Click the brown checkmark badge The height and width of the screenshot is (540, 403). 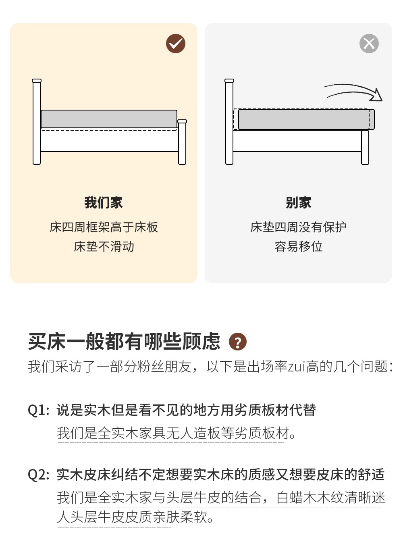(175, 44)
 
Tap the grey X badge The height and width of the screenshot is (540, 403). (369, 44)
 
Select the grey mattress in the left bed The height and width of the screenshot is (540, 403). (109, 119)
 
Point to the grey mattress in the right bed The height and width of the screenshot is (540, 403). (306, 119)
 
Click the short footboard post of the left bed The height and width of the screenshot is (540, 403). (182, 142)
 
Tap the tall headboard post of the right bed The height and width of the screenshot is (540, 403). (229, 122)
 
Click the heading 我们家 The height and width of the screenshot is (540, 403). (104, 203)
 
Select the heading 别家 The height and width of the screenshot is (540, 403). (298, 203)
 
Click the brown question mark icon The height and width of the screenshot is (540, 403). (238, 342)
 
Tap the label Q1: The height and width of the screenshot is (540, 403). (38, 410)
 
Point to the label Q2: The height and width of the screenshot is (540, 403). (38, 475)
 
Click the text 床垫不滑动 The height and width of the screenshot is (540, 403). (104, 246)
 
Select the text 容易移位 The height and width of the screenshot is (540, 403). (299, 246)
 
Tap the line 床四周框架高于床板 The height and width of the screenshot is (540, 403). (104, 227)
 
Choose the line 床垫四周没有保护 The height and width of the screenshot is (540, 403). (299, 227)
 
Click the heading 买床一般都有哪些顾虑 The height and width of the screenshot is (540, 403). (124, 342)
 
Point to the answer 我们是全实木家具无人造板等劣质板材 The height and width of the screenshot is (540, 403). (177, 433)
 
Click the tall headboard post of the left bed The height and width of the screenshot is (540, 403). (37, 122)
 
